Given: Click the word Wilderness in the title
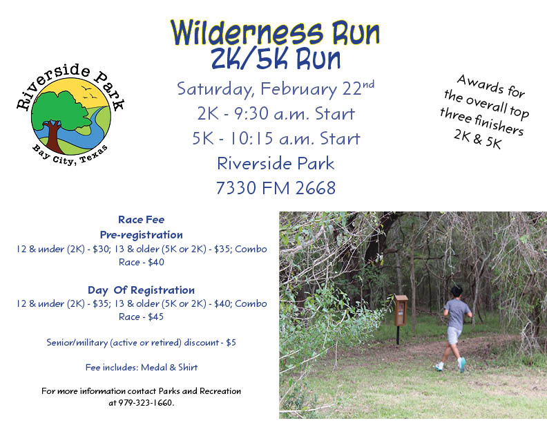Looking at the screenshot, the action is click(247, 33).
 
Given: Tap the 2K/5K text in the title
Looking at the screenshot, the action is click(249, 58).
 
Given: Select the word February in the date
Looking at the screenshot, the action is click(298, 89).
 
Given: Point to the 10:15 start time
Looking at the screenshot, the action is click(251, 138).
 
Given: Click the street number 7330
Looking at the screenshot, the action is click(236, 188).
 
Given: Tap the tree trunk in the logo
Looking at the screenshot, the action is click(52, 136).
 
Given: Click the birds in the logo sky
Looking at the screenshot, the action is click(88, 92).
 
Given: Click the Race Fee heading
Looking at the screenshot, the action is click(142, 220).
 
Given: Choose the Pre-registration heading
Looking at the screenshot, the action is click(142, 234).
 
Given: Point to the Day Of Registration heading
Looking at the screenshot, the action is click(142, 290).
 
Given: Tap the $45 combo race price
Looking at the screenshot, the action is click(155, 317).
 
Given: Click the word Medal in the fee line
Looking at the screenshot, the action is click(154, 367).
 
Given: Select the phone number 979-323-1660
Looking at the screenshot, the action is click(146, 403).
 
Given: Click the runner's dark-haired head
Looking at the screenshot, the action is click(457, 292).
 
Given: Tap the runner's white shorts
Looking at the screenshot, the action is click(454, 335).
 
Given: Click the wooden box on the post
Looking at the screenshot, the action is click(401, 310).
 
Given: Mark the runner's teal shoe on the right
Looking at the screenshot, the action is click(462, 364).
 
